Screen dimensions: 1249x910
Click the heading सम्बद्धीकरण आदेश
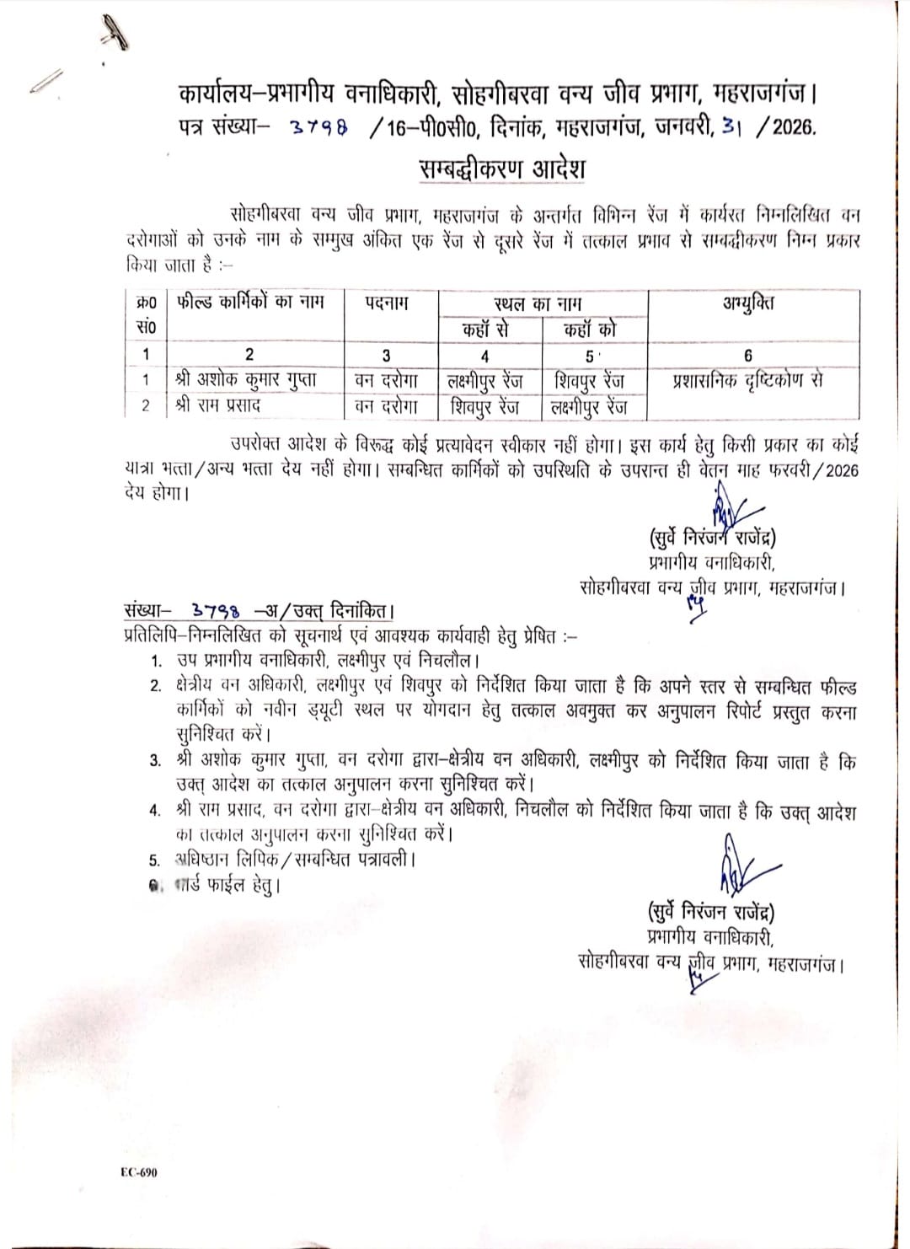click(502, 169)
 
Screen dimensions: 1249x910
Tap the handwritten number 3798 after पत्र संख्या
click(318, 128)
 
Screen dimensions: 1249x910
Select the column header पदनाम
click(387, 303)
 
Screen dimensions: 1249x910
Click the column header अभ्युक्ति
click(748, 303)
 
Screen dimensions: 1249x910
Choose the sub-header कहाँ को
click(590, 330)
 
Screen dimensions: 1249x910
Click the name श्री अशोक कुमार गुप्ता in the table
click(246, 380)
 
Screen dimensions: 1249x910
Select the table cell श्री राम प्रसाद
click(218, 405)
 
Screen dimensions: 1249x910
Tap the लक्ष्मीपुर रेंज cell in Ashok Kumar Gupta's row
click(485, 381)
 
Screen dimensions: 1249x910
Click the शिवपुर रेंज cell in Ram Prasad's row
click(485, 406)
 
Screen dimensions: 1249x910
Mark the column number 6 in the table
click(748, 356)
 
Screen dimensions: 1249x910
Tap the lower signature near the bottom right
click(741, 868)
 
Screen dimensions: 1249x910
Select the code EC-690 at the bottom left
click(138, 1172)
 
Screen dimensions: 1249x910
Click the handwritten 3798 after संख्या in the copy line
click(215, 611)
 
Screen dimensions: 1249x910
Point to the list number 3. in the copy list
click(156, 761)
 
